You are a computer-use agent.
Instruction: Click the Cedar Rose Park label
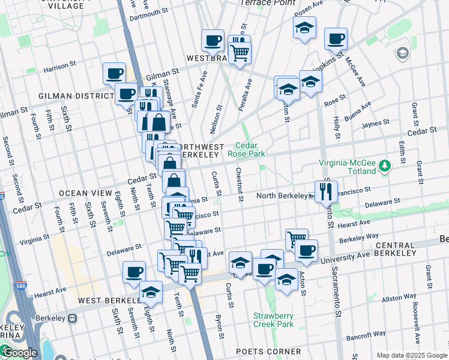tap(246, 149)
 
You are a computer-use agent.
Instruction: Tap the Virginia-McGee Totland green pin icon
tap(387, 164)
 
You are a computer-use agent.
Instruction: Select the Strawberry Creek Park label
tap(273, 320)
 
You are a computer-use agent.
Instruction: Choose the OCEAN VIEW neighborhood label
tap(85, 193)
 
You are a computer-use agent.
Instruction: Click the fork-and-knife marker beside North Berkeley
tap(326, 191)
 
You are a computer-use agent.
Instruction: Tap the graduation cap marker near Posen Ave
tap(304, 28)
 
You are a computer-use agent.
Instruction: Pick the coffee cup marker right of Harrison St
tap(114, 73)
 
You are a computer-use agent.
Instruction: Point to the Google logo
tap(19, 353)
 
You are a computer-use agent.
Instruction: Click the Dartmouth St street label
tap(148, 12)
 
